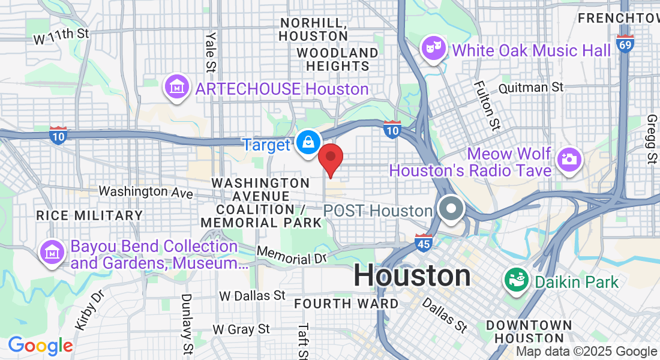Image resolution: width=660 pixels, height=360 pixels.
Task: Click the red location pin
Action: click(x=330, y=157)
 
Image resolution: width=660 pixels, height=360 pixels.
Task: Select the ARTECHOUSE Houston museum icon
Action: click(x=176, y=88)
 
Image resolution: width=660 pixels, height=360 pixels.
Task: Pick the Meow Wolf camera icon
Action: click(x=568, y=159)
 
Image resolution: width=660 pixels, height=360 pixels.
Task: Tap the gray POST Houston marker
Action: click(x=451, y=209)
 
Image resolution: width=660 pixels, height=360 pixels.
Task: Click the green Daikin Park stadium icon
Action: click(x=515, y=280)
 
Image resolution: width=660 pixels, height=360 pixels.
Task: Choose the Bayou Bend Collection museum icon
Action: click(x=52, y=253)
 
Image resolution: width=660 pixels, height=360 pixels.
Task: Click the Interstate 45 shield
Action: click(x=424, y=241)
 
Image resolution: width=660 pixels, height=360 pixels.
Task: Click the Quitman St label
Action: click(x=531, y=87)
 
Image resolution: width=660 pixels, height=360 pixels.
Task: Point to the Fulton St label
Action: click(x=487, y=106)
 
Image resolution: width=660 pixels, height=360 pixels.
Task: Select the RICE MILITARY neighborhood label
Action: click(x=89, y=215)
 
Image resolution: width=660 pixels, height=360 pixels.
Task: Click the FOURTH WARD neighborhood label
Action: click(x=346, y=304)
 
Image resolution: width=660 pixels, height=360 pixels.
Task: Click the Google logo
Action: click(x=40, y=346)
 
